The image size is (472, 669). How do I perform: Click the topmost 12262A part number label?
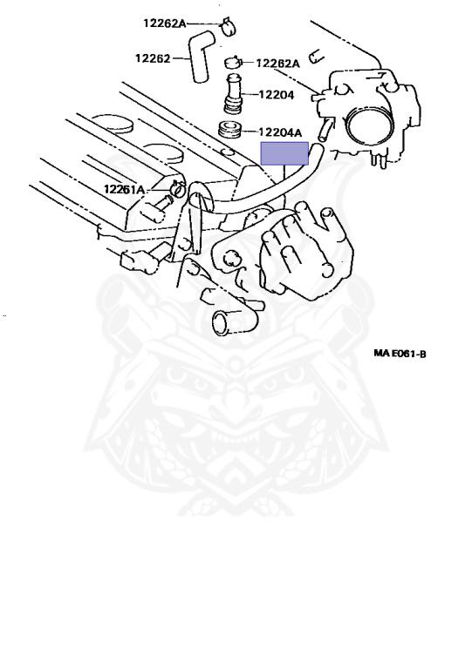click(164, 23)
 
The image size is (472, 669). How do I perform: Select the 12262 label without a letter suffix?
click(153, 58)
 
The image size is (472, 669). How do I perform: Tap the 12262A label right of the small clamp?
click(278, 64)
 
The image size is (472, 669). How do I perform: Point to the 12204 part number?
click(277, 95)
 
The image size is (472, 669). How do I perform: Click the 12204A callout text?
click(280, 132)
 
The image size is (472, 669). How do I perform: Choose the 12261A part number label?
click(124, 188)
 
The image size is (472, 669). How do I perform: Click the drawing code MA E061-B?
click(400, 354)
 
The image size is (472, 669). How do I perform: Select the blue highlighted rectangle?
click(284, 153)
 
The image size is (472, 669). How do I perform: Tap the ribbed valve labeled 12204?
click(233, 94)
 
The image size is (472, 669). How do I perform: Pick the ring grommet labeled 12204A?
click(231, 129)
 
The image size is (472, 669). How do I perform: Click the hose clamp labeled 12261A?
click(177, 188)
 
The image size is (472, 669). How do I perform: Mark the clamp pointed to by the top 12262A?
click(229, 27)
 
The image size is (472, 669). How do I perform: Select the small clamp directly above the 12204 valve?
click(233, 63)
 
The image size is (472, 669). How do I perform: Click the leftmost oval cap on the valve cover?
click(113, 123)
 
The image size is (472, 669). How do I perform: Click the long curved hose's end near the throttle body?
click(316, 149)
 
